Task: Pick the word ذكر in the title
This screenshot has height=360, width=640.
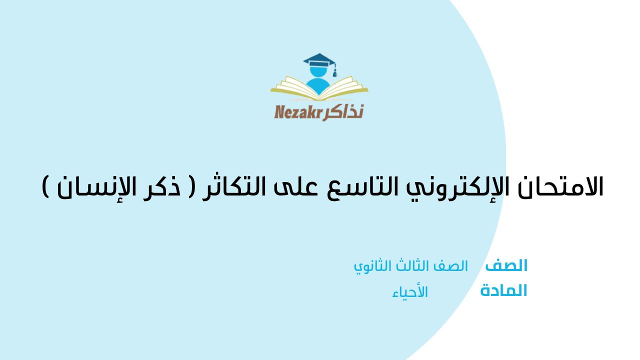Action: coord(168,186)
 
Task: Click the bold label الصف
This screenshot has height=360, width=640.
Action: coord(506,266)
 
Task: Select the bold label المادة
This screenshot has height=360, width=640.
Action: coord(503,290)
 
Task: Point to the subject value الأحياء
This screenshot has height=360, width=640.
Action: coord(410,292)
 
